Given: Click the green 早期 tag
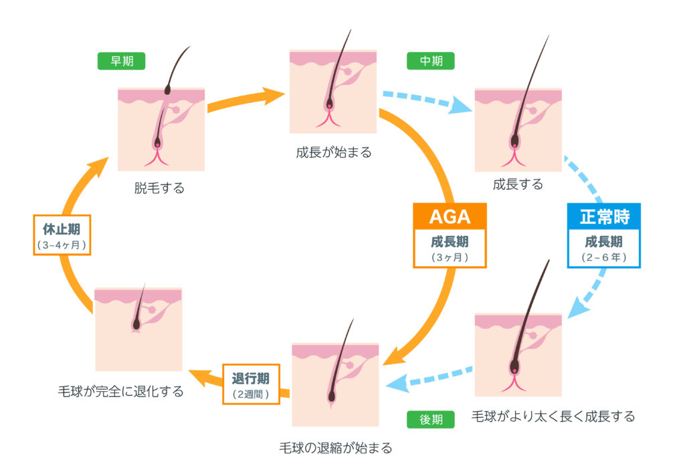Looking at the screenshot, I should tap(121, 62).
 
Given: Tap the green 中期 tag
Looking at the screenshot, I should tap(430, 62).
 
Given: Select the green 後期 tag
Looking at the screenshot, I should tap(430, 419).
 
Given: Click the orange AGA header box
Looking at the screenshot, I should tap(450, 216).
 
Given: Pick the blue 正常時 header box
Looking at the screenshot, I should tap(604, 216).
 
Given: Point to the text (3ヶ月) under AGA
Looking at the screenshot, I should tap(450, 257).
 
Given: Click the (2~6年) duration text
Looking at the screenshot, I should tap(604, 257).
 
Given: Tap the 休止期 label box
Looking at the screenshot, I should tap(62, 235).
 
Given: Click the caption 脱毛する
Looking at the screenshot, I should tap(159, 189).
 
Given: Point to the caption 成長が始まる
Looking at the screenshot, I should tap(333, 152).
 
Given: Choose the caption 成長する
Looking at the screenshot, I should tap(518, 185).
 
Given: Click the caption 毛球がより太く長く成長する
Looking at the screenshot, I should tap(553, 416).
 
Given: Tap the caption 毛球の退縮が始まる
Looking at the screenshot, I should tap(335, 447).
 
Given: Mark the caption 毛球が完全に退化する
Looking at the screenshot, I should tap(121, 391).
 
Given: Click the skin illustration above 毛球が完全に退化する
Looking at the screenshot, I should tap(138, 329).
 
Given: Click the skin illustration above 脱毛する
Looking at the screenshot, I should tap(161, 129).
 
